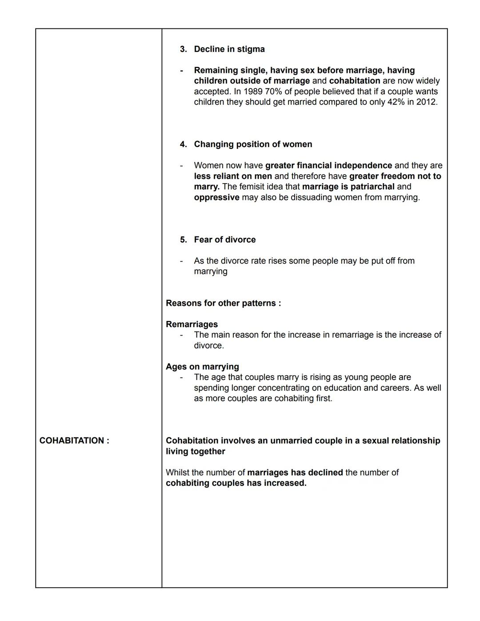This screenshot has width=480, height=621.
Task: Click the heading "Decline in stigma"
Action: pos(229,49)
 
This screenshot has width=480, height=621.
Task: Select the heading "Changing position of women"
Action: pos(253,144)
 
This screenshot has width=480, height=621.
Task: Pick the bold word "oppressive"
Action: pos(216,197)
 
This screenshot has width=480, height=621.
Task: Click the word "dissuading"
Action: pos(311,197)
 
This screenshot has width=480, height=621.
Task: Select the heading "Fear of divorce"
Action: pos(224,240)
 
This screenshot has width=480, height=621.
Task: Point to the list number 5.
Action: pos(183,240)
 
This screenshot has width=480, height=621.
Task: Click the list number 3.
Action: pos(183,49)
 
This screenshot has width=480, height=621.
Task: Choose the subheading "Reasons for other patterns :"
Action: pos(223,303)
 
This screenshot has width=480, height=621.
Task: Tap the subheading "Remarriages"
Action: pos(192,325)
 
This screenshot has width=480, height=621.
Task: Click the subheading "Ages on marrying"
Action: pos(202,367)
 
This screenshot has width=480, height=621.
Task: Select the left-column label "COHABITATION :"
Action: pos(74,441)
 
